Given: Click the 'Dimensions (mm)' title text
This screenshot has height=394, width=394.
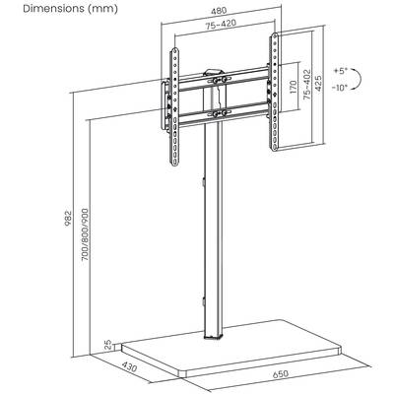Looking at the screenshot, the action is [70, 9].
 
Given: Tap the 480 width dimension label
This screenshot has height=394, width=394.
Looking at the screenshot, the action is [218, 11].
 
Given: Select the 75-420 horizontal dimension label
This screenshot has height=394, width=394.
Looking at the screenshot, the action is [221, 26].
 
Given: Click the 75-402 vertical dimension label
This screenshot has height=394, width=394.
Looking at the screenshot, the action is [307, 85].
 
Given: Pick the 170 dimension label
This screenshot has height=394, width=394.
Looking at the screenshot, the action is [294, 87].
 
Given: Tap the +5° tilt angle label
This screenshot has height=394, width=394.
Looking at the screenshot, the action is [341, 71].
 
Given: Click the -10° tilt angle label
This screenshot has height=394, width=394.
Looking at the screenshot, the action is [340, 88].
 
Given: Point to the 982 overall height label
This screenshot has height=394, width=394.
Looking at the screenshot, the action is [68, 219].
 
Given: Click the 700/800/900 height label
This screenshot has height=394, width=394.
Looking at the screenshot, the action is [85, 234].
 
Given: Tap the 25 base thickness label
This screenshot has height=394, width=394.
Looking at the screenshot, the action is [107, 345].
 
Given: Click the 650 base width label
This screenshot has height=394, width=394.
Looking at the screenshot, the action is [280, 373].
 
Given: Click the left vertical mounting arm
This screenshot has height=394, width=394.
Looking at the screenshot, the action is [174, 107].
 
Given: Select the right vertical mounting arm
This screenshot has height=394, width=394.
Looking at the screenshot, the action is [274, 92].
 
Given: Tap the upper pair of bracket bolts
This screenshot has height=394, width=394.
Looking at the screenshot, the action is [219, 80].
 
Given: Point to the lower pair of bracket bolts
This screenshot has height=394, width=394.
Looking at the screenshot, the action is [219, 113].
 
